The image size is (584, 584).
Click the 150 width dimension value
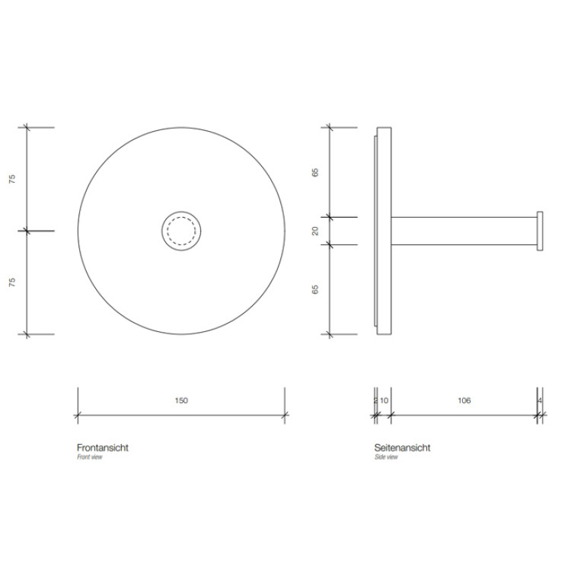pyautogui.click(x=181, y=401)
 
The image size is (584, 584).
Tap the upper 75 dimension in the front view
pyautogui.click(x=13, y=179)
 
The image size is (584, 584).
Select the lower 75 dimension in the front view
pyautogui.click(x=13, y=282)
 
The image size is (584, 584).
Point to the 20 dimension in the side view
pyautogui.click(x=315, y=231)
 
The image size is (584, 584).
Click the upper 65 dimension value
pyautogui.click(x=315, y=172)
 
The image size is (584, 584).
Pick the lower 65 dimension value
pyautogui.click(x=315, y=289)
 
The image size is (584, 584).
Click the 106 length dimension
pyautogui.click(x=464, y=401)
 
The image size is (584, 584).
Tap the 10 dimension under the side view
pyautogui.click(x=384, y=401)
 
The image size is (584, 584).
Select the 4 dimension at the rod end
pyautogui.click(x=540, y=401)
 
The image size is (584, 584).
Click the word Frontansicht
pyautogui.click(x=103, y=447)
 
